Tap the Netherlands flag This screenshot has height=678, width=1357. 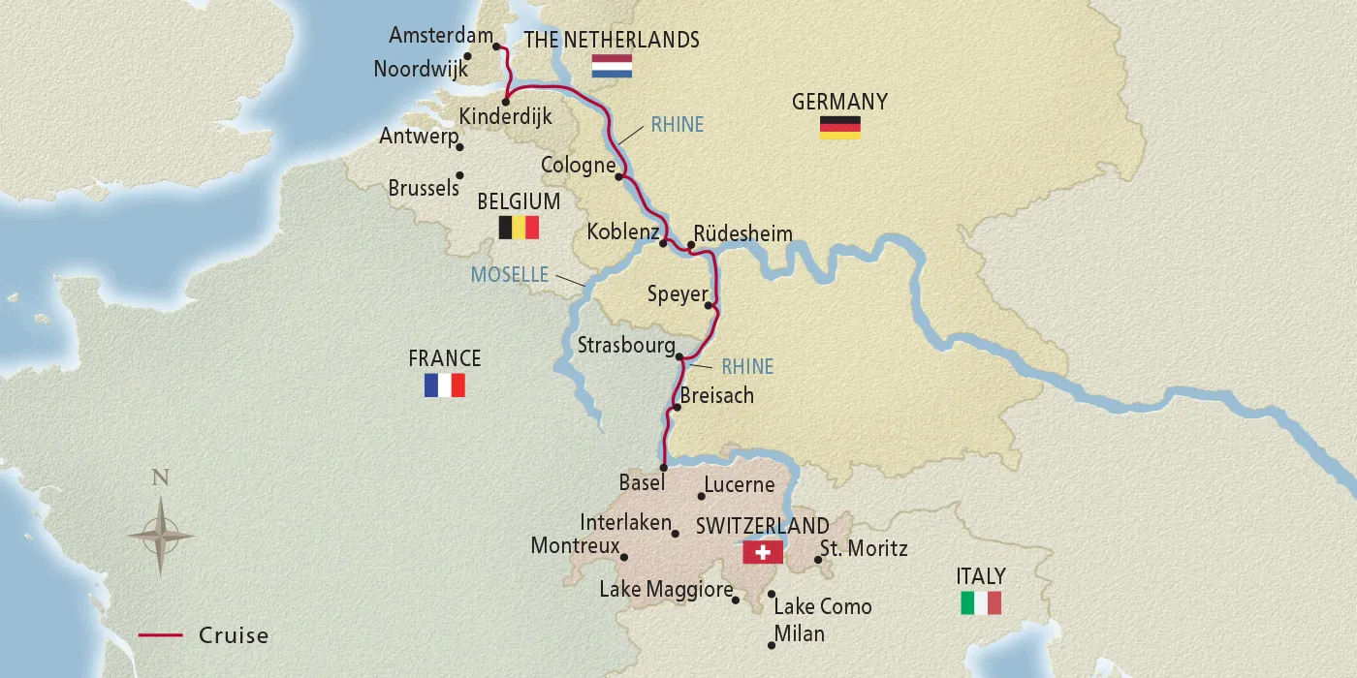(x=612, y=67)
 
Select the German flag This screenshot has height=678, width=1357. (x=839, y=127)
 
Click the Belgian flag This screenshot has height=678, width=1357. (x=519, y=228)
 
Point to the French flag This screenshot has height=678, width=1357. (x=444, y=385)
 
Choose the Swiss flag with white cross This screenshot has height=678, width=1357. (x=763, y=552)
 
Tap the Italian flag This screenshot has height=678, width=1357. (x=980, y=602)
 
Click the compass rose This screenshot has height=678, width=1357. (x=161, y=534)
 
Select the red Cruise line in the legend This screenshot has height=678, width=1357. (x=161, y=635)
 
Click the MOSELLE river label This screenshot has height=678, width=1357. (x=510, y=275)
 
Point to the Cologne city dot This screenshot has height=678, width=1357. (x=618, y=176)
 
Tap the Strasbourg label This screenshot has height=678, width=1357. (x=625, y=346)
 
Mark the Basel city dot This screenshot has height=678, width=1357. (x=664, y=467)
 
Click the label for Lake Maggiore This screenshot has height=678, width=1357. (x=664, y=589)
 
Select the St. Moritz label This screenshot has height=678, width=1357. (x=864, y=548)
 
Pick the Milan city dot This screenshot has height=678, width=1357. (x=772, y=645)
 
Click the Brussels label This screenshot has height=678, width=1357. (x=424, y=188)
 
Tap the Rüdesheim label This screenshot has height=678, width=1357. (x=743, y=234)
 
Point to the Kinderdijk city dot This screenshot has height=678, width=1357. (x=506, y=101)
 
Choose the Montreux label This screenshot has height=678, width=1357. (x=575, y=546)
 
